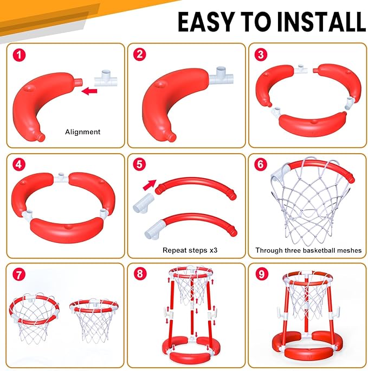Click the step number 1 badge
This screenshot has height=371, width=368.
tap(19, 55)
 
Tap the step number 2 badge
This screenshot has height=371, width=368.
tap(140, 55)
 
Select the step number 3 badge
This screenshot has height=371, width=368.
tap(261, 55)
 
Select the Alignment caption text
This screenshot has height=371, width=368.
tap(82, 132)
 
